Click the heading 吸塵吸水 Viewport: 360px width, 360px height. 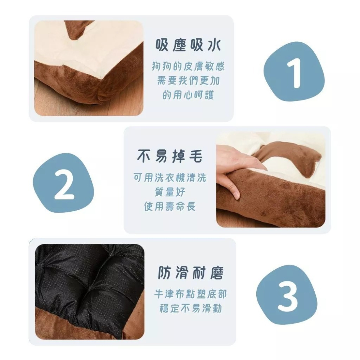(188, 46)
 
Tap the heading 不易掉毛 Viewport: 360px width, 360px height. (170, 156)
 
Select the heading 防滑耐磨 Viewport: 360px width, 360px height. (191, 273)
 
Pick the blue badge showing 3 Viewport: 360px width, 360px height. (288, 296)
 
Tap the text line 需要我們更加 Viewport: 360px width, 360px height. (188, 81)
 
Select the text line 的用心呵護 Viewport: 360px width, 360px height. (188, 95)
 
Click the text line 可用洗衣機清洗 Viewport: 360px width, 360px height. (170, 177)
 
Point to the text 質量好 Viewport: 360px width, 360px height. (170, 192)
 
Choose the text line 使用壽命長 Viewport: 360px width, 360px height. (170, 207)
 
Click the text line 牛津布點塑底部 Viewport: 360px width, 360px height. (190, 294)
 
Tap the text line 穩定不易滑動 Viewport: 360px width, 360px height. (190, 309)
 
